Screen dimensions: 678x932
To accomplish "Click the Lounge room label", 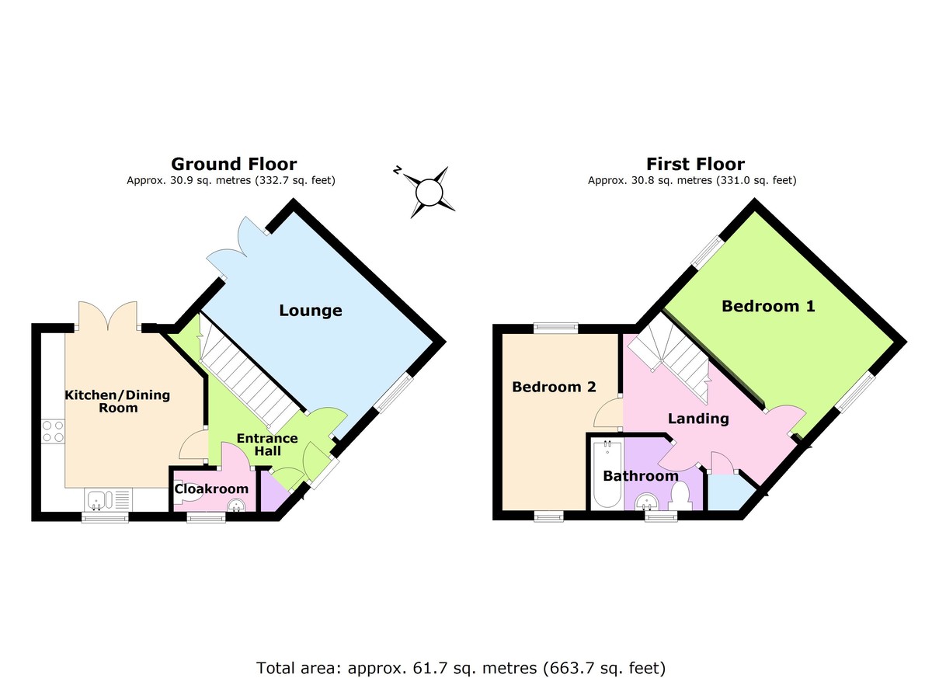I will point(311,311).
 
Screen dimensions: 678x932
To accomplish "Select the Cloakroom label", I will point(211,489).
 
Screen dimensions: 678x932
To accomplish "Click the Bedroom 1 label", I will point(768,306).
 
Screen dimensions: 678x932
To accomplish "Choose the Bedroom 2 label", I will point(554,387).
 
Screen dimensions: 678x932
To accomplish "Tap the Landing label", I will point(699,419).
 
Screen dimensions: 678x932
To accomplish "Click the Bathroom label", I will point(641,475).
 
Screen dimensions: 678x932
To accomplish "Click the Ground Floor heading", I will point(233,164).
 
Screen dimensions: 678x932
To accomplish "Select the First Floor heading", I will point(695,164).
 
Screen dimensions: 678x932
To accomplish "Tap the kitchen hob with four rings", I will point(53,431).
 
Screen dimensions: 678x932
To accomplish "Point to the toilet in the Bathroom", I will point(680,495).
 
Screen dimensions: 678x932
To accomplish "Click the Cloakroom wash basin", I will point(236,506).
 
